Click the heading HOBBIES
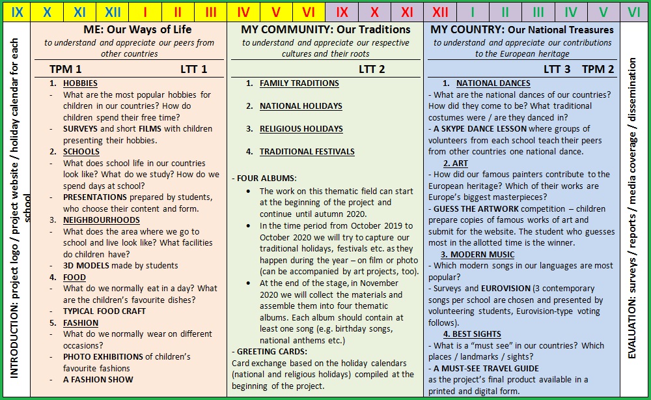(80, 83)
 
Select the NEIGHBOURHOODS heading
(101, 220)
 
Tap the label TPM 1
(66, 69)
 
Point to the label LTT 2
(372, 69)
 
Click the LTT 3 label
(557, 69)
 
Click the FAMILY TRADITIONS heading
(299, 83)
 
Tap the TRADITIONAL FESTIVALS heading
(307, 152)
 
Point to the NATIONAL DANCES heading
(493, 83)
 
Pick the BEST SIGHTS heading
(480, 334)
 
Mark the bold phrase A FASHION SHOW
(98, 380)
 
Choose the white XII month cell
(440, 12)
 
